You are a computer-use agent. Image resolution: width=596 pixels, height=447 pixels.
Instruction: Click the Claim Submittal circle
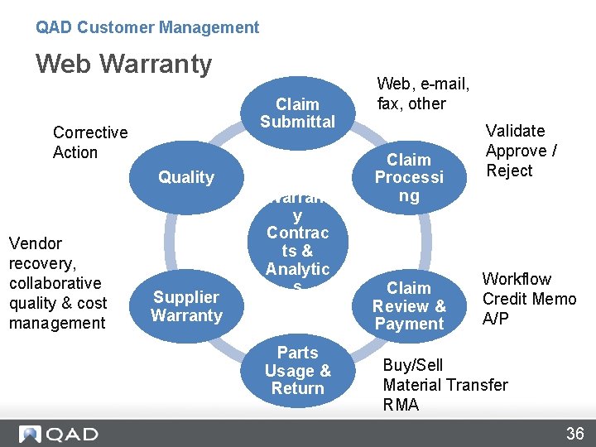point(297,113)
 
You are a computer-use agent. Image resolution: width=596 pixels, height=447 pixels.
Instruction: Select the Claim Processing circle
point(409,177)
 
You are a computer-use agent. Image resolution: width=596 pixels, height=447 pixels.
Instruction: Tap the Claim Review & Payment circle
point(409,305)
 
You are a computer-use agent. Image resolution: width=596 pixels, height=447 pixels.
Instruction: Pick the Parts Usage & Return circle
point(297,370)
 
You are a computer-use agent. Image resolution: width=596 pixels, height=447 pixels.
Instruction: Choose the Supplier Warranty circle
point(186,305)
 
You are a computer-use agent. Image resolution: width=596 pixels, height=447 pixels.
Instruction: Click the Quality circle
point(186,177)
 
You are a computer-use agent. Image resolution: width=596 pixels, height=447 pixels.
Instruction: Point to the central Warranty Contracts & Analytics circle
point(297,241)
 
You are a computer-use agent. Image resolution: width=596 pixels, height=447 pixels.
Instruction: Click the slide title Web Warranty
point(124,64)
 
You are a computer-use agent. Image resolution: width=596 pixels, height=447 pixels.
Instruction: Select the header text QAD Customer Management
point(147,27)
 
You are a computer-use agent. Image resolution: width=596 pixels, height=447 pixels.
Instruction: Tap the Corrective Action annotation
point(90,142)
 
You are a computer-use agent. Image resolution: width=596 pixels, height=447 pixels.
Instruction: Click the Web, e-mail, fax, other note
point(423,94)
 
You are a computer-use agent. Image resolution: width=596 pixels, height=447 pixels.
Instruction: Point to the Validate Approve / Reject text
point(521,151)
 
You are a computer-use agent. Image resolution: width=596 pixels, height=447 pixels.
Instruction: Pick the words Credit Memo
point(529,299)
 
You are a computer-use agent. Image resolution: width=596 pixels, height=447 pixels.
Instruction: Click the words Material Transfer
point(445,385)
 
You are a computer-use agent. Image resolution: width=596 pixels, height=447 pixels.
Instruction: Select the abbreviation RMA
point(401,405)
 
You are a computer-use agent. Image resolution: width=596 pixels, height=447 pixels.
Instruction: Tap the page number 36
point(574,434)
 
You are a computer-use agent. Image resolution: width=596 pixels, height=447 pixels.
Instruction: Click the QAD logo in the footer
point(59,434)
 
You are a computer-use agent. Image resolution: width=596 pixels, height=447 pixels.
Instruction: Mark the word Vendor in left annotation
point(36,243)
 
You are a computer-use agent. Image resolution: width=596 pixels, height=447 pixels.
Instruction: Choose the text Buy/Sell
point(412,365)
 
